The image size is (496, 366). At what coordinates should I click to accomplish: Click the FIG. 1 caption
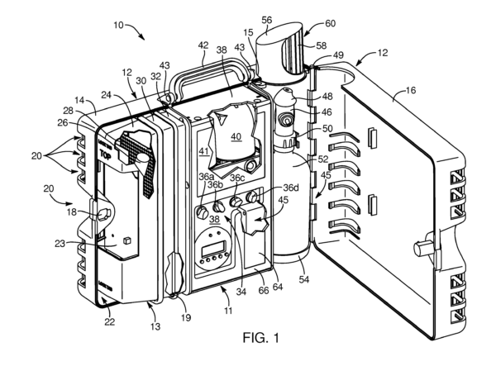point(261,338)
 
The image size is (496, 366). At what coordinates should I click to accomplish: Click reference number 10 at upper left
point(118,25)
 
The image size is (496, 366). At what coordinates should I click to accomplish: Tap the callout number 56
point(267,20)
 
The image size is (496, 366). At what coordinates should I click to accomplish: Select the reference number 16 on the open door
point(410,90)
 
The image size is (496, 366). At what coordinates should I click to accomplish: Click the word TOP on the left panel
point(105,154)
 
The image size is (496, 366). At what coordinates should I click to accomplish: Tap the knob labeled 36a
point(202,212)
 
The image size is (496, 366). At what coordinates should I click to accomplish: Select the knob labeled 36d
point(252,197)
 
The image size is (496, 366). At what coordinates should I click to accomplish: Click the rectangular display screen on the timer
point(214,248)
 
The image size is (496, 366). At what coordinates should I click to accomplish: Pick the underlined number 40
point(236,137)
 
